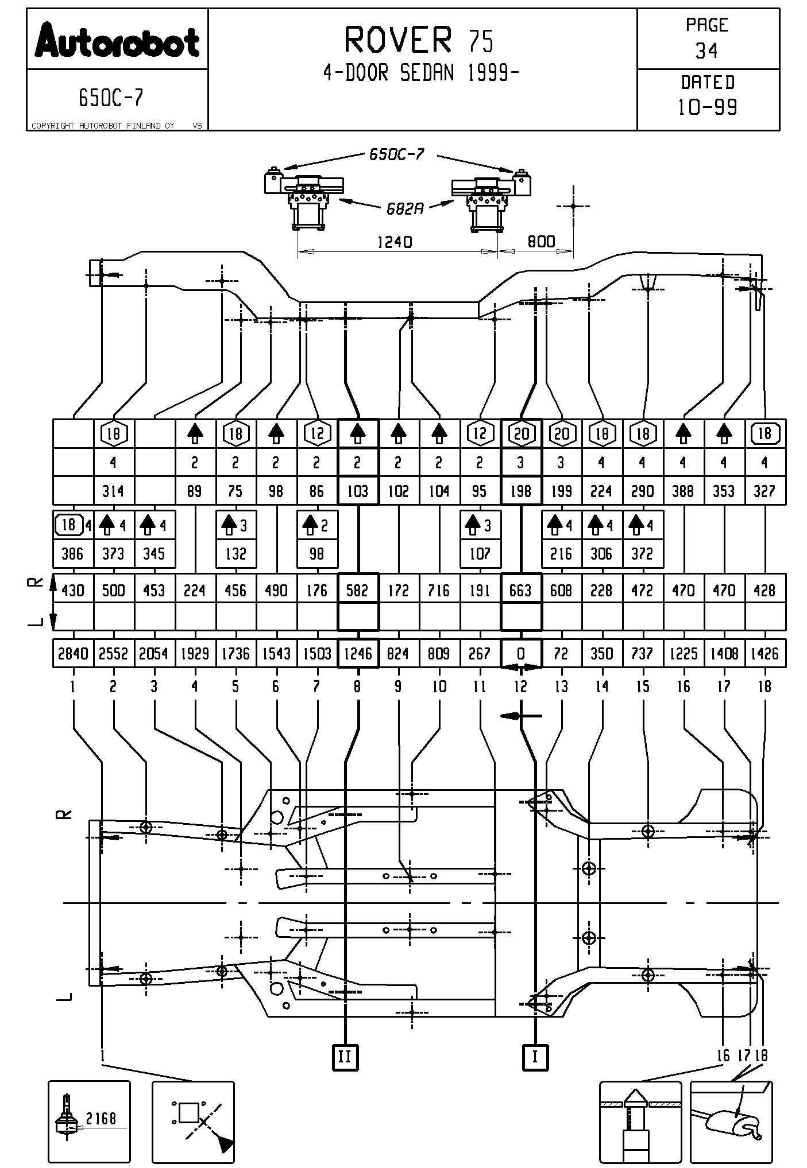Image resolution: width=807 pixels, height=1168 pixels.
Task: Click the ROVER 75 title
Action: pyautogui.click(x=418, y=40)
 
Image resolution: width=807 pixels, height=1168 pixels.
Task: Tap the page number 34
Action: pyautogui.click(x=706, y=51)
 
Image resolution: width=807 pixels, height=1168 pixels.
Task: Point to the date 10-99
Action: pyautogui.click(x=707, y=107)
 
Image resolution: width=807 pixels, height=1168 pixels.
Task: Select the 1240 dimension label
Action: pyautogui.click(x=395, y=242)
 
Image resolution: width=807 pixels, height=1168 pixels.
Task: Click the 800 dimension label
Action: pyautogui.click(x=541, y=241)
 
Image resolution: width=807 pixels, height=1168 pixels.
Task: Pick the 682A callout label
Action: pyautogui.click(x=404, y=208)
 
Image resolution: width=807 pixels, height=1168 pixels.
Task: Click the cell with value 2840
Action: pyautogui.click(x=72, y=654)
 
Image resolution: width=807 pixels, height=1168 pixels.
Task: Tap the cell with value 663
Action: pyautogui.click(x=520, y=590)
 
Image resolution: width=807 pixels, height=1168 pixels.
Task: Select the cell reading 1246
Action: pyautogui.click(x=358, y=654)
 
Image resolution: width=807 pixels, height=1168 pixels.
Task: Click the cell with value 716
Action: pyautogui.click(x=439, y=590)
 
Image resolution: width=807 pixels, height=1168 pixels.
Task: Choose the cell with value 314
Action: pyautogui.click(x=113, y=491)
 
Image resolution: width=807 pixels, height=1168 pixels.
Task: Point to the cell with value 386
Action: pyautogui.click(x=72, y=554)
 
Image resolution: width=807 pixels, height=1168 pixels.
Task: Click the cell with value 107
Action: pyautogui.click(x=480, y=554)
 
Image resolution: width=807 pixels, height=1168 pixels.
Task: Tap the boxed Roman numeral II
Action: pyautogui.click(x=345, y=1057)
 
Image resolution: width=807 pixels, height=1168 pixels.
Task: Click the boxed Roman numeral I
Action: pyautogui.click(x=535, y=1057)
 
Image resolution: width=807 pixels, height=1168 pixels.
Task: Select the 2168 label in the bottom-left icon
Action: pyautogui.click(x=101, y=1117)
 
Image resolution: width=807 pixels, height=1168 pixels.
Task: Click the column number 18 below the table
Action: pyautogui.click(x=764, y=686)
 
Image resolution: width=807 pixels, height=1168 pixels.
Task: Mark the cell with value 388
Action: pyautogui.click(x=683, y=491)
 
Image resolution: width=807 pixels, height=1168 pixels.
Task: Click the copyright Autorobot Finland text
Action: pyautogui.click(x=103, y=126)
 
